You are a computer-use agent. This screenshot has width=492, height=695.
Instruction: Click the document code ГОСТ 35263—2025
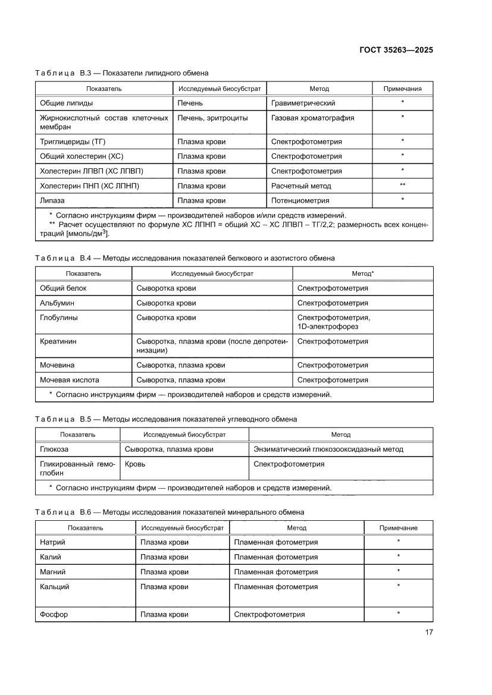(x=396, y=50)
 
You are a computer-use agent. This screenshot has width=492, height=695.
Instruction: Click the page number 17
(x=428, y=632)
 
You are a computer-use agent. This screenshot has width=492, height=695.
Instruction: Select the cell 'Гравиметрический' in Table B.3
(x=303, y=103)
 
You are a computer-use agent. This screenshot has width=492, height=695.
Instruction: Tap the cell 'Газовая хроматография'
(x=312, y=118)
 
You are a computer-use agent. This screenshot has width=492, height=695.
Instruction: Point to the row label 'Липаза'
(x=52, y=200)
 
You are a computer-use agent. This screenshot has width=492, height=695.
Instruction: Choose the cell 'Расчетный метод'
(x=301, y=185)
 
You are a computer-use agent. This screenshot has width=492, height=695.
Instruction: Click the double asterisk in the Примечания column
(x=403, y=185)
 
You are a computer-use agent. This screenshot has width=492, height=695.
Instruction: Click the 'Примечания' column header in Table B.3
(x=403, y=89)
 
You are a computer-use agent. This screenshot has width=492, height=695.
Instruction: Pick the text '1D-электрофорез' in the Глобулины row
(x=327, y=326)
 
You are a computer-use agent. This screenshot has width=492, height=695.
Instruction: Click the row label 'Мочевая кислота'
(x=69, y=379)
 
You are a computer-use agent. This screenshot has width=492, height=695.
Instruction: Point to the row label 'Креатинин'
(x=58, y=341)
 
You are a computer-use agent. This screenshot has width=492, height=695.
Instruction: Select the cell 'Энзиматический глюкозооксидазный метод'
(x=328, y=449)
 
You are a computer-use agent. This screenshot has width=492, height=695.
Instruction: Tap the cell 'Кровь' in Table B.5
(x=135, y=464)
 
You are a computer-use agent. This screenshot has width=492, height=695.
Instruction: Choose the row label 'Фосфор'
(x=54, y=614)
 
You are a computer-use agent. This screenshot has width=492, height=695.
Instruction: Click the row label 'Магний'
(x=53, y=571)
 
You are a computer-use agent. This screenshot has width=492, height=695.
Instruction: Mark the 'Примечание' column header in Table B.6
(x=398, y=527)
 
